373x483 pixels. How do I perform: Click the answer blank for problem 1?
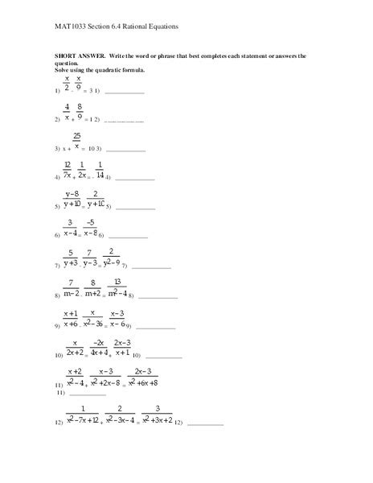tap(125, 93)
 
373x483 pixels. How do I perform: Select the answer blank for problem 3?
tap(126, 150)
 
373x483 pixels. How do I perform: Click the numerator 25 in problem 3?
tap(76, 136)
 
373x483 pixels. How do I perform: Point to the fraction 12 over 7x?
tap(68, 170)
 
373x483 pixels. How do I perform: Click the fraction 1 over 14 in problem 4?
tap(100, 170)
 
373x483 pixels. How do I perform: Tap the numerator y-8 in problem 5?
tap(72, 194)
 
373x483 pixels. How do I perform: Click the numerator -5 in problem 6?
tap(90, 223)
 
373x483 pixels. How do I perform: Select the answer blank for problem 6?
tap(129, 237)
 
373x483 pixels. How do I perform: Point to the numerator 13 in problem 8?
tap(117, 282)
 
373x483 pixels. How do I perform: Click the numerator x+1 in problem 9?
tap(70, 313)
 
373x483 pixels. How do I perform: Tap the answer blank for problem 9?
tap(156, 327)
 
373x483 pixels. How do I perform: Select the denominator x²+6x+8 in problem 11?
tap(145, 383)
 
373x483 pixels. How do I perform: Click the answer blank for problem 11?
tap(88, 394)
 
